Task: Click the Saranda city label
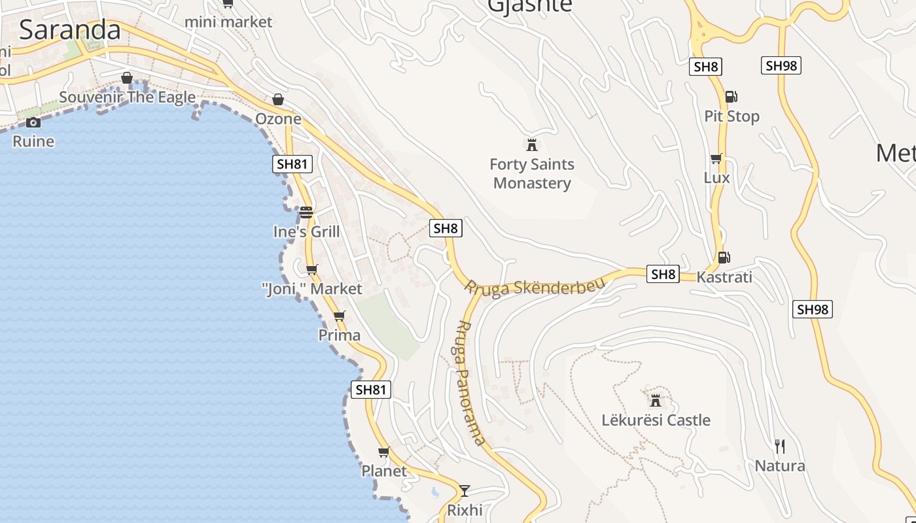click(70, 30)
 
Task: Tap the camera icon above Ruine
click(33, 122)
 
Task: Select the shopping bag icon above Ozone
click(278, 99)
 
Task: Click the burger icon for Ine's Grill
click(306, 212)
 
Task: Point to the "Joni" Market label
click(311, 288)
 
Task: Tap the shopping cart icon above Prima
click(339, 316)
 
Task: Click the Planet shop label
click(384, 471)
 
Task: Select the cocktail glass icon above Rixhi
click(465, 490)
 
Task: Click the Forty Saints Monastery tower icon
click(531, 144)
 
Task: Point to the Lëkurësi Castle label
click(656, 420)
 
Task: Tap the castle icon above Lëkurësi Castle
click(656, 400)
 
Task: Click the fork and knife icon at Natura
click(779, 447)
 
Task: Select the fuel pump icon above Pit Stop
click(731, 97)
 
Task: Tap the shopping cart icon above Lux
click(716, 159)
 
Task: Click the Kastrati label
click(724, 277)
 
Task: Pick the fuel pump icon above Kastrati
click(724, 258)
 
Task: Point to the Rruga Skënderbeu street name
click(535, 286)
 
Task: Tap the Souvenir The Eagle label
click(127, 97)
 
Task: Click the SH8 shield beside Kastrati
click(663, 274)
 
